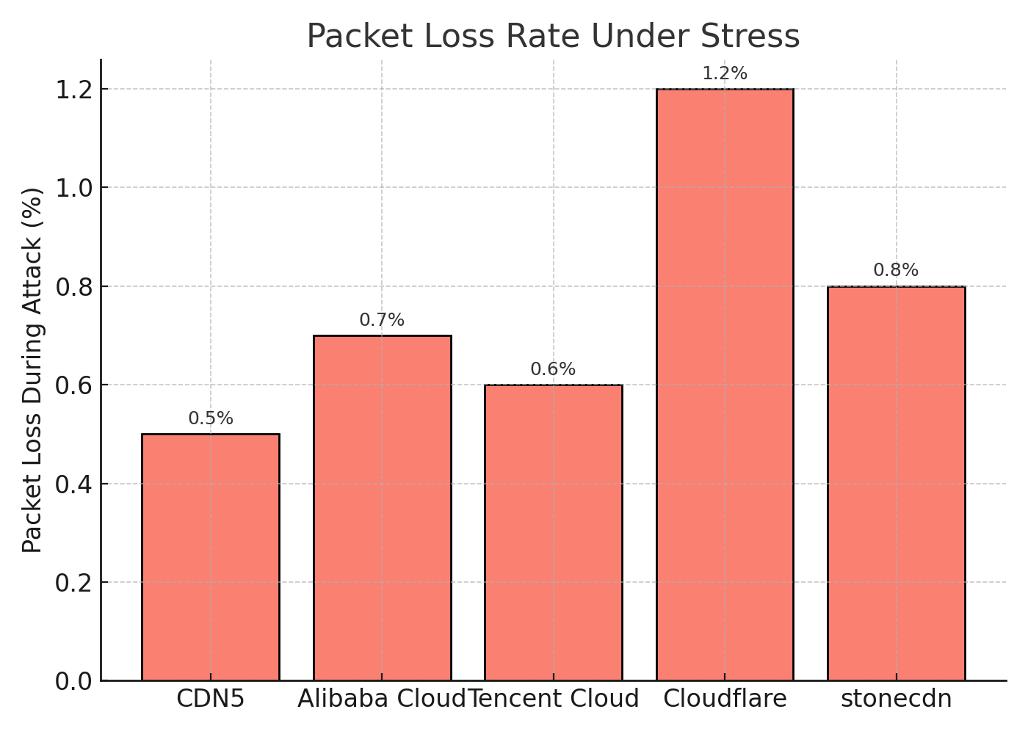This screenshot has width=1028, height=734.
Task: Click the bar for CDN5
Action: (x=211, y=557)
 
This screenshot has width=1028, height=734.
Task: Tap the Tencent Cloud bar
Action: (x=554, y=533)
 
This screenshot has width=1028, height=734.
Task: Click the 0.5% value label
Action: (x=211, y=418)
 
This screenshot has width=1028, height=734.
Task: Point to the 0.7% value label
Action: (x=382, y=320)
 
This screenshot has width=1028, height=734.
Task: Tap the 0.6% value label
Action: (x=554, y=369)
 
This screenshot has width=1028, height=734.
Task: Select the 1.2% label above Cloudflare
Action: (x=725, y=73)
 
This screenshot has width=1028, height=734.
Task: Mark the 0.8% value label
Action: (x=897, y=270)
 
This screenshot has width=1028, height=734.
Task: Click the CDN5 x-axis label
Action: (x=211, y=699)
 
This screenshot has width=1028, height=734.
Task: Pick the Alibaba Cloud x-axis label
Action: (x=382, y=699)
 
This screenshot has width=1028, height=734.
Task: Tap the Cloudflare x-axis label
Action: (x=725, y=699)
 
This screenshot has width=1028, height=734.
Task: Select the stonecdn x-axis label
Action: (x=897, y=699)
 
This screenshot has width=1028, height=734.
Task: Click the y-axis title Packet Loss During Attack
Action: (x=32, y=370)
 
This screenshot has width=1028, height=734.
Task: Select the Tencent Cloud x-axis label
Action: (x=554, y=699)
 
